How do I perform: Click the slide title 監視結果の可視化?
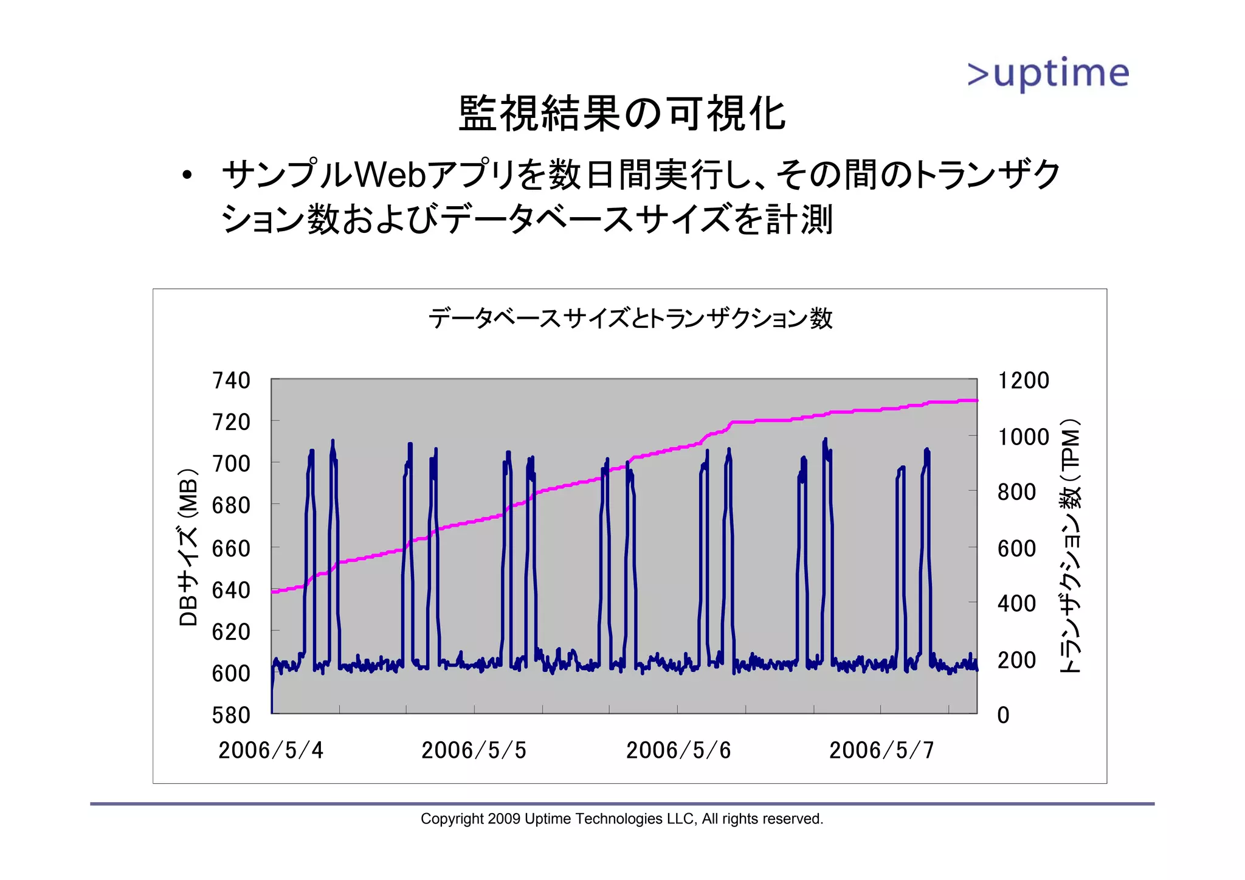[622, 114]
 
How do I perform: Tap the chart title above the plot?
[630, 318]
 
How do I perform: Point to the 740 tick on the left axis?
[231, 381]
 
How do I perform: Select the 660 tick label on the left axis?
[231, 549]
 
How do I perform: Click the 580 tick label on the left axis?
[231, 715]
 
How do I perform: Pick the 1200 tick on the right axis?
[1024, 381]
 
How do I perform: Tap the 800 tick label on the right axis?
[1016, 492]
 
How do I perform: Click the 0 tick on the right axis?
[1004, 715]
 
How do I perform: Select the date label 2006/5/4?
[271, 750]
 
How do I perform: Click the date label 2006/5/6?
[678, 750]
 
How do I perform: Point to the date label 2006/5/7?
[881, 750]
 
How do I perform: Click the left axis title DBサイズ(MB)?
[188, 547]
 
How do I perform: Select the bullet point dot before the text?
[187, 176]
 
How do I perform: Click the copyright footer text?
[622, 819]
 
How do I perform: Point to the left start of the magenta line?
[274, 591]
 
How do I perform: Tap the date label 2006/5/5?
[474, 750]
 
